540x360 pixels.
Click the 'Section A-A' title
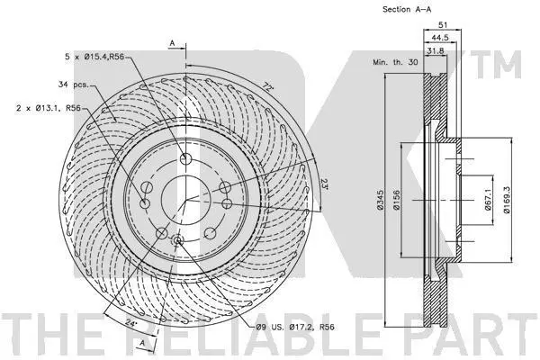(407, 9)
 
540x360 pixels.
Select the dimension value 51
(442, 25)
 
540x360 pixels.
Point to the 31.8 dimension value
(436, 51)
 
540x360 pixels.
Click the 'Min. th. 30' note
(395, 62)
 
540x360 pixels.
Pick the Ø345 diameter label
(380, 200)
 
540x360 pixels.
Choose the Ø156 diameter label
(396, 200)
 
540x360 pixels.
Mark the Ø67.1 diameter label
(488, 200)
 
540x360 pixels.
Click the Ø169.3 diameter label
(506, 200)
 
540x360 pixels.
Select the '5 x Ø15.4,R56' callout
(94, 57)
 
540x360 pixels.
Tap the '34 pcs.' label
(74, 85)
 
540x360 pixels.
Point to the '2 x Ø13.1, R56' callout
(49, 108)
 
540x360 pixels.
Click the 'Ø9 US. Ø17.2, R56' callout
(295, 327)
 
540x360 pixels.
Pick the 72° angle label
(268, 85)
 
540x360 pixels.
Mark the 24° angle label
(130, 323)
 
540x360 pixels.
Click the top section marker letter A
(173, 43)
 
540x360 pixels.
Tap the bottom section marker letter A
(142, 343)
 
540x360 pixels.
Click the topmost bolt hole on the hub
(185, 158)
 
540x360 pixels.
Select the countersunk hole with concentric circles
(178, 240)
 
